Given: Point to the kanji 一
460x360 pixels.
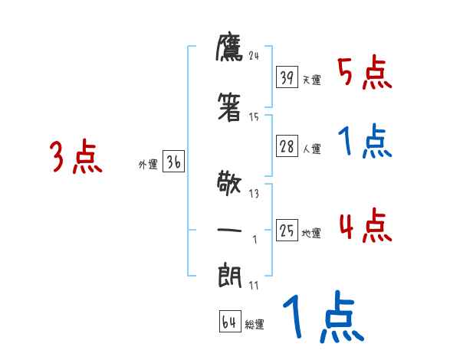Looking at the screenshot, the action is coord(230,230).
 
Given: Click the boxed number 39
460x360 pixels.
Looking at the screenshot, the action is coord(287,77).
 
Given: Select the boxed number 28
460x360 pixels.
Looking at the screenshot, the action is coord(287,148).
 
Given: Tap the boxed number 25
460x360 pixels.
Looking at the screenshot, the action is coord(287,231).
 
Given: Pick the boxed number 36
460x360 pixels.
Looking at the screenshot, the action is coord(173,162).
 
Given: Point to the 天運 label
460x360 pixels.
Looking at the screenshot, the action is coord(311,80).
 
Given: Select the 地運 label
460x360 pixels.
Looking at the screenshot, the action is coord(311,233).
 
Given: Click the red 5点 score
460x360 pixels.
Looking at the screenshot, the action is coord(365,74).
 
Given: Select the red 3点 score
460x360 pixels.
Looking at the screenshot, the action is coord(76,157).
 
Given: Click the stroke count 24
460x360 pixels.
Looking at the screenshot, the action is coord(255,55).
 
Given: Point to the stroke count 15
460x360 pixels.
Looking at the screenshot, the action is coord(255,117).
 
